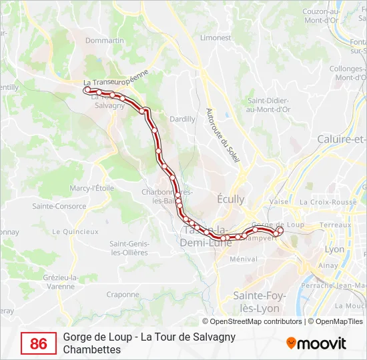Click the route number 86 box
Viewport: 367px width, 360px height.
pos(39,343)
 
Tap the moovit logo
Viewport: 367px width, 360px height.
pos(316,343)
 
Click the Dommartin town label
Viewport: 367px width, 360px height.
pos(105,41)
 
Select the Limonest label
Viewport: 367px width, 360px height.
pos(215,38)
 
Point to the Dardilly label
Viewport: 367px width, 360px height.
pos(182,119)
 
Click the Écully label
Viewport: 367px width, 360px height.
pos(231,199)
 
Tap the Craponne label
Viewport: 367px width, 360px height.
pos(123,294)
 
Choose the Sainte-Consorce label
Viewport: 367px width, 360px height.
pos(59,207)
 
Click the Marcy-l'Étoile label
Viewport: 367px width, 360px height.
pos(92,189)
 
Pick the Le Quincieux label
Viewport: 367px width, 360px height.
pos(75,232)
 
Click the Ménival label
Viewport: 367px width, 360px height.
pos(243,259)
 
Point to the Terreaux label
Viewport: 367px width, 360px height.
pos(334,225)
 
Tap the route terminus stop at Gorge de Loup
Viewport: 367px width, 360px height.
pos(280,231)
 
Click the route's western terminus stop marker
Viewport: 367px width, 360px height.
pos(87,89)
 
